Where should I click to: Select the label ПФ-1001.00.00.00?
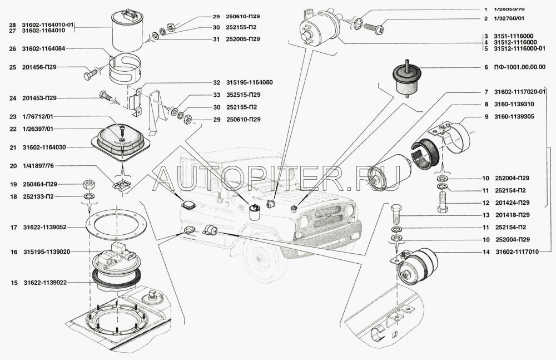point(520,67)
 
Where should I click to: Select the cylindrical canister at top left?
point(129,32)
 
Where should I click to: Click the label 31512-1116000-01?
point(518,49)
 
